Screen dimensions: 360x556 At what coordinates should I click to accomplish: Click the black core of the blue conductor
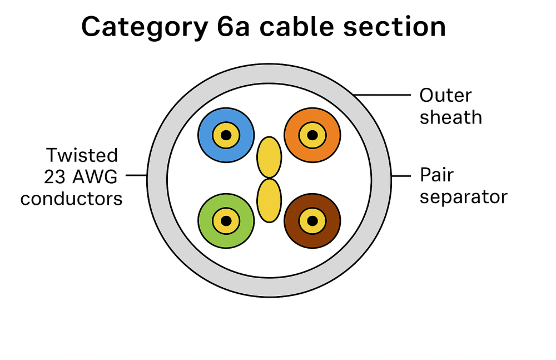click(x=226, y=135)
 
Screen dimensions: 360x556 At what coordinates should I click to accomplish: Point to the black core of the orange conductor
click(x=312, y=135)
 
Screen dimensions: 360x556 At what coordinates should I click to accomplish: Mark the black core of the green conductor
click(x=226, y=221)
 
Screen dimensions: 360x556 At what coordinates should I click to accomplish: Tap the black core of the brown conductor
click(x=312, y=221)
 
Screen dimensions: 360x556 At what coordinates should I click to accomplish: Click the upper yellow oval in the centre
click(x=269, y=157)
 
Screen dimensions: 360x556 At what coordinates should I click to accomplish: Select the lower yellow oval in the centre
click(x=269, y=200)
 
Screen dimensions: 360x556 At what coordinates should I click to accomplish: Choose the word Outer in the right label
click(x=445, y=95)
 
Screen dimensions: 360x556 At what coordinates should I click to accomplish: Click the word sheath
click(x=450, y=117)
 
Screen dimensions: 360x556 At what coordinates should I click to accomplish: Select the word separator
click(x=463, y=197)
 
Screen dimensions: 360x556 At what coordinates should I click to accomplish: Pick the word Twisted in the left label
click(x=82, y=155)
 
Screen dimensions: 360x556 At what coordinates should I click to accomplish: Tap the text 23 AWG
click(x=81, y=176)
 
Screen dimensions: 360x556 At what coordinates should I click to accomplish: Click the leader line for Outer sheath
click(x=384, y=95)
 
